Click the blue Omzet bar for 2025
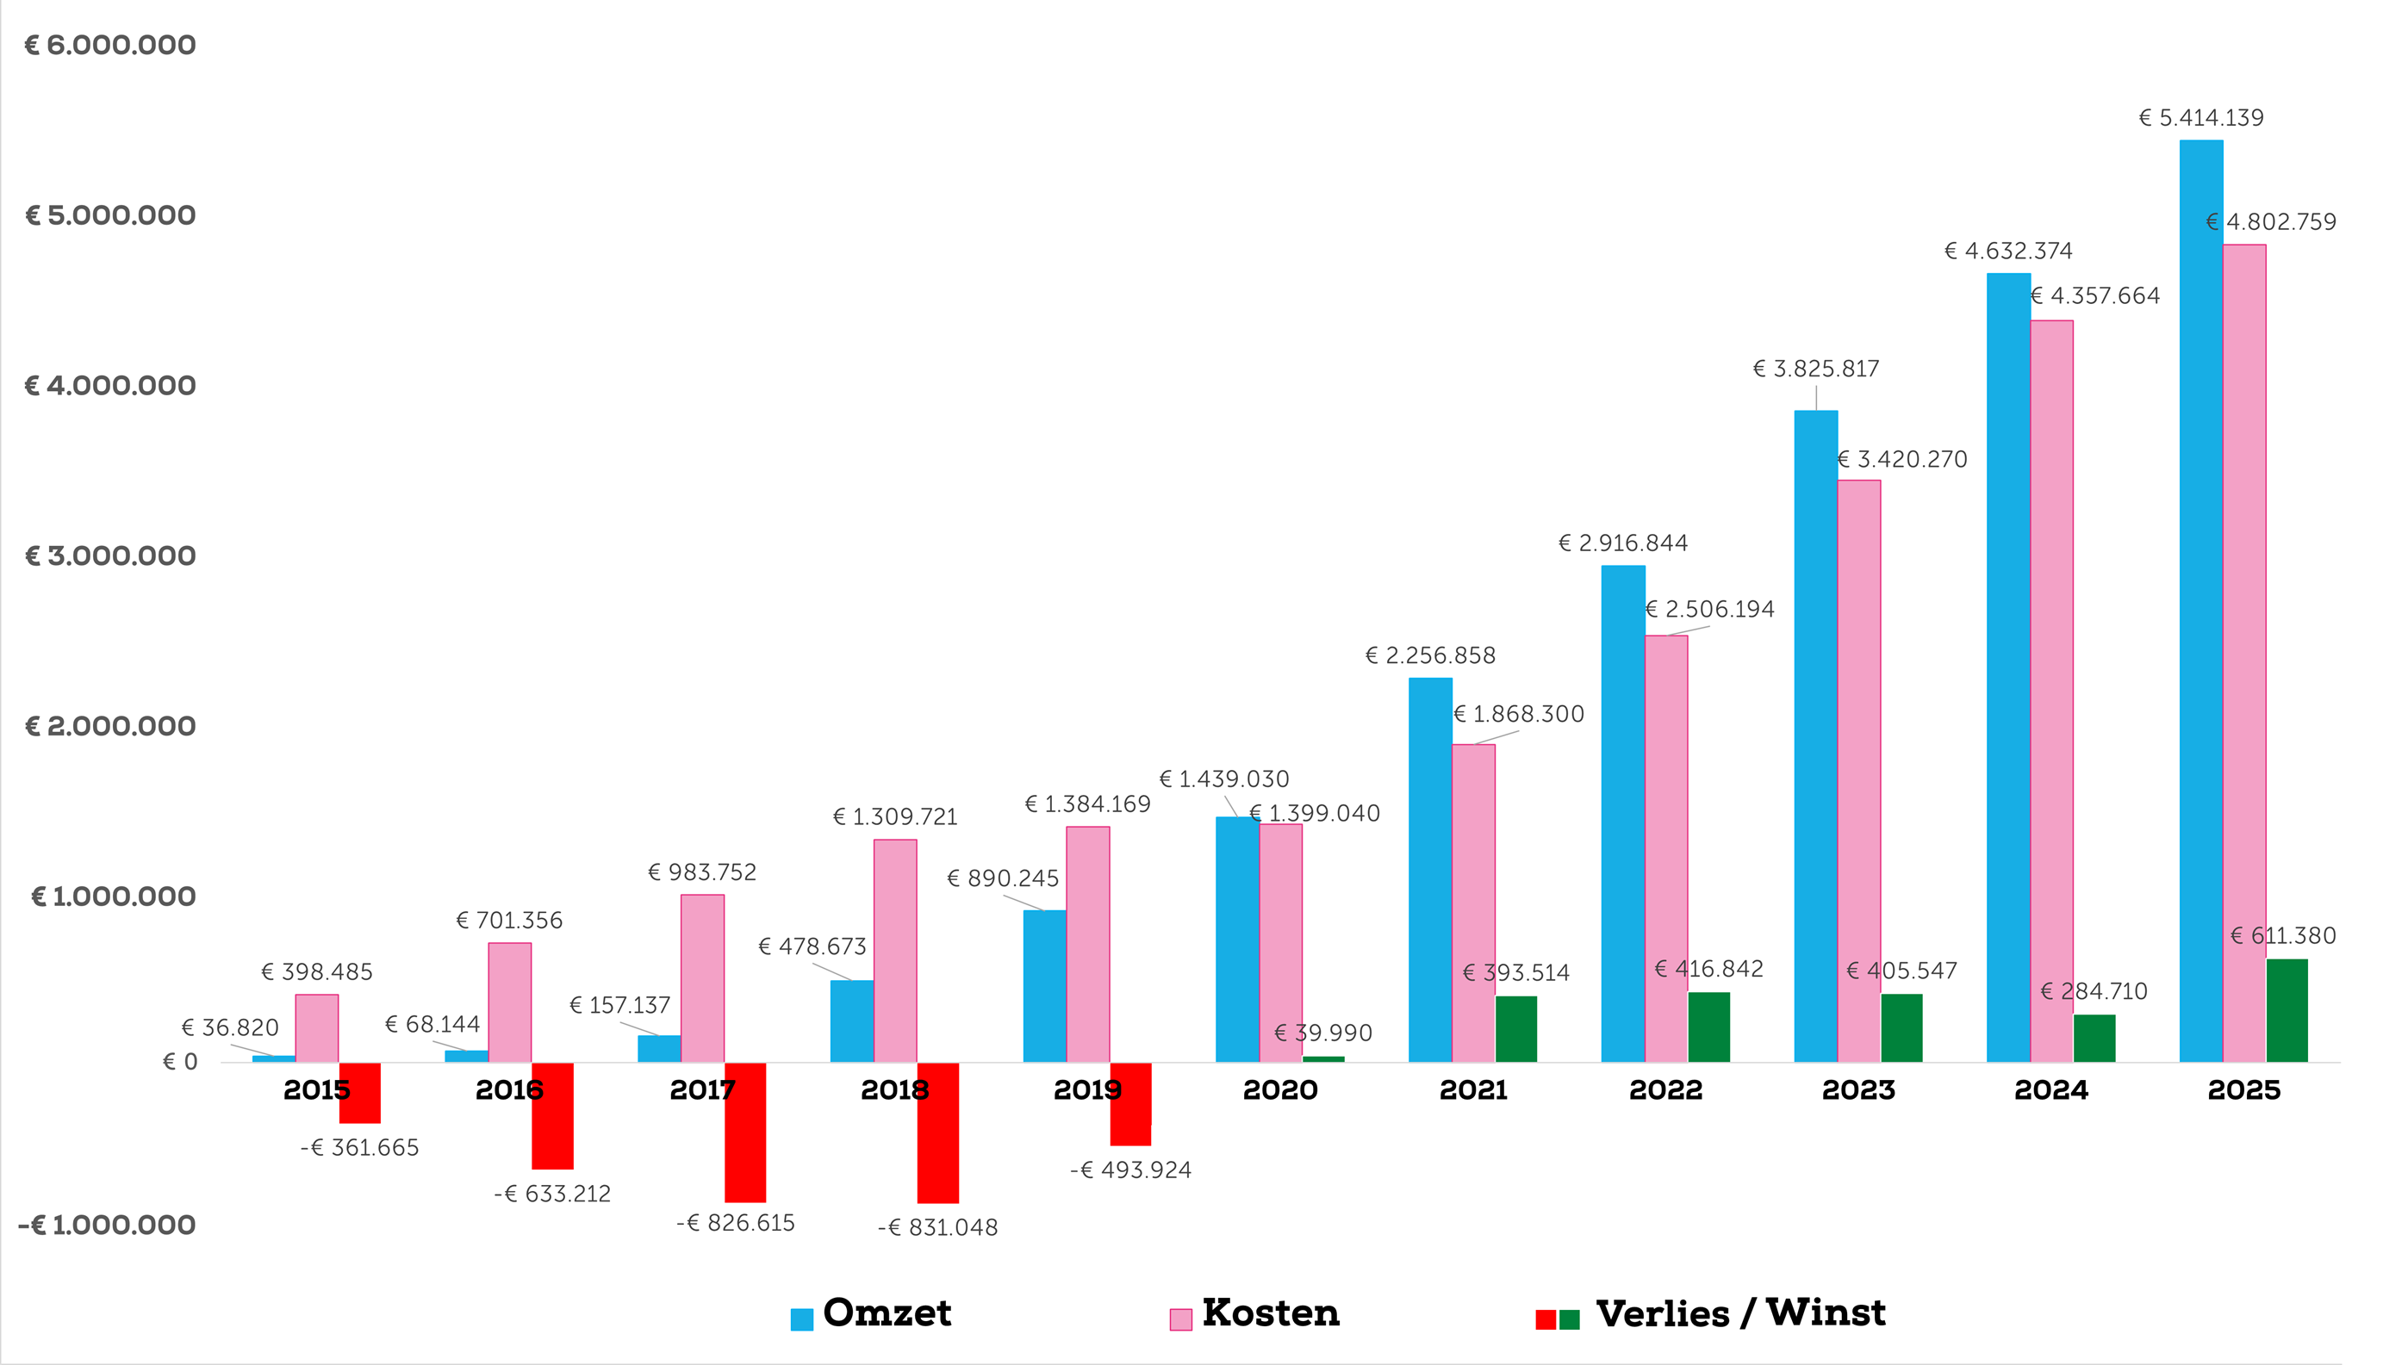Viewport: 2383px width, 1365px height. click(x=2200, y=601)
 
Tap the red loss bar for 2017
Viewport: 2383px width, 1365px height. click(x=745, y=1132)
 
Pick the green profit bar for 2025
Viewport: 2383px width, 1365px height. click(x=2287, y=1011)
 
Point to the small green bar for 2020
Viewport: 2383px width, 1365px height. click(x=1323, y=1059)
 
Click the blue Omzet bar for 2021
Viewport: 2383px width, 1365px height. click(x=1430, y=870)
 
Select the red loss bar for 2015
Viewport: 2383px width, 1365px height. click(x=360, y=1093)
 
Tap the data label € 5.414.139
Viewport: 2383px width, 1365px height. click(x=2200, y=118)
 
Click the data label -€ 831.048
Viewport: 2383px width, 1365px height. click(x=938, y=1227)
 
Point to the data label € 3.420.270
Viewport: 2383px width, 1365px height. click(x=1902, y=459)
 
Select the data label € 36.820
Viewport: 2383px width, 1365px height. click(x=230, y=1027)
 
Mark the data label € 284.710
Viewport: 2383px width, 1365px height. click(x=2094, y=991)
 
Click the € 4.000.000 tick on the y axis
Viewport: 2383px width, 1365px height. click(x=109, y=385)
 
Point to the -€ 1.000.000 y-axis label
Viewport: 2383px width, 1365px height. click(x=107, y=1225)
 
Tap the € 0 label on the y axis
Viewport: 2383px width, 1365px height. click(x=180, y=1061)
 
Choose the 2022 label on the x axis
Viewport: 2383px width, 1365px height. click(x=1665, y=1089)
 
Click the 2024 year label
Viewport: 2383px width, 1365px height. click(x=2051, y=1089)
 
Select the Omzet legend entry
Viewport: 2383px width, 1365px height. click(x=871, y=1313)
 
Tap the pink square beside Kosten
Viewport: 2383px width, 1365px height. click(x=1180, y=1319)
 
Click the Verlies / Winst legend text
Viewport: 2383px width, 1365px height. click(x=1740, y=1313)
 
